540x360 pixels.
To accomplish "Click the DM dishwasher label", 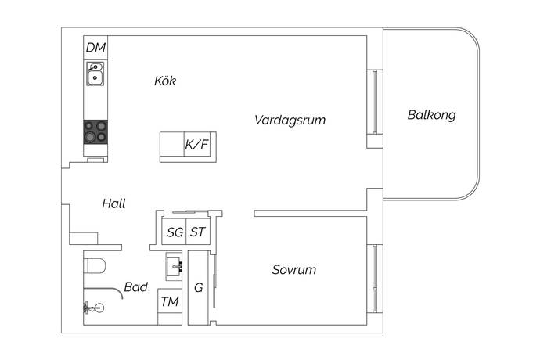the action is point(95,48).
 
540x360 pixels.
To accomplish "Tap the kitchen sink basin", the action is point(95,74).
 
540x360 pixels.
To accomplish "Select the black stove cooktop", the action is point(95,132).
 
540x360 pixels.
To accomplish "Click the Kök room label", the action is point(165,81).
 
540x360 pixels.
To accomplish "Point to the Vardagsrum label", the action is point(290,121).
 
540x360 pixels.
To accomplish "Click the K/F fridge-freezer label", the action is point(196,144).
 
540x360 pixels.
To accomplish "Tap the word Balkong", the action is point(431,115).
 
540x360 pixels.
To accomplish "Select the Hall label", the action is point(113,203).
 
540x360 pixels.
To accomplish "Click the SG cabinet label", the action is point(175,232).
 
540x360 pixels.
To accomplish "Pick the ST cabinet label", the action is point(198,232).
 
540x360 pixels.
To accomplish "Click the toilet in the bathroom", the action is point(95,266).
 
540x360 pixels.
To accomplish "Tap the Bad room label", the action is point(135,287).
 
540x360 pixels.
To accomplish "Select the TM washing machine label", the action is point(170,302).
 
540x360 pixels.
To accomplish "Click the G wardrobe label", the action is point(198,288).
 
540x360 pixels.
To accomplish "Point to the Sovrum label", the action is point(294,270).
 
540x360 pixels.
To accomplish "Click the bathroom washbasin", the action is point(174,266).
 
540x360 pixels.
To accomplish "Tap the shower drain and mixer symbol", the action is point(93,308).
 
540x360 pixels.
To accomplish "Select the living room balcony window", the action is point(375,102).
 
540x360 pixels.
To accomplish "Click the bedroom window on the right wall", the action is point(375,279).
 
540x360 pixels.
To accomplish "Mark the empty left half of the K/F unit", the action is point(172,144).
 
